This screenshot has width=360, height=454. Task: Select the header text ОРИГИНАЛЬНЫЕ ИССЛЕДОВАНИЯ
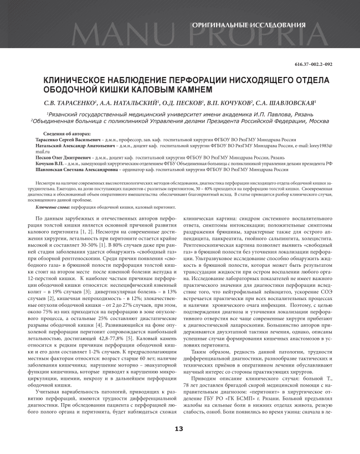(x=249, y=25)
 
